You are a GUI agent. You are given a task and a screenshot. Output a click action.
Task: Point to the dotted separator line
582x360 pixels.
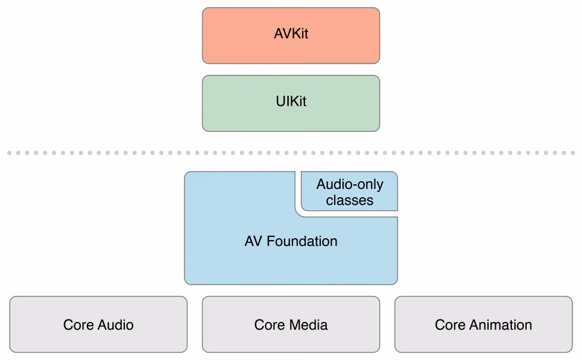point(291,153)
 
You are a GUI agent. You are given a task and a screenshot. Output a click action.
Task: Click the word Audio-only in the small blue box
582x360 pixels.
point(350,184)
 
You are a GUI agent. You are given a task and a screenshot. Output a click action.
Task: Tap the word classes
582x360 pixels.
point(350,200)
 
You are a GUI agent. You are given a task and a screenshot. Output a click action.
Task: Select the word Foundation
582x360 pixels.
point(302,241)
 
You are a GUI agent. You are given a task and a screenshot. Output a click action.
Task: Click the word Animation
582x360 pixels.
point(499,325)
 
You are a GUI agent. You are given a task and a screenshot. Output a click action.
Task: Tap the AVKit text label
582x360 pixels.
point(291,34)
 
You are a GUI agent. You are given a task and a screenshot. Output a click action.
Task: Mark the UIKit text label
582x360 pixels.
point(291,102)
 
